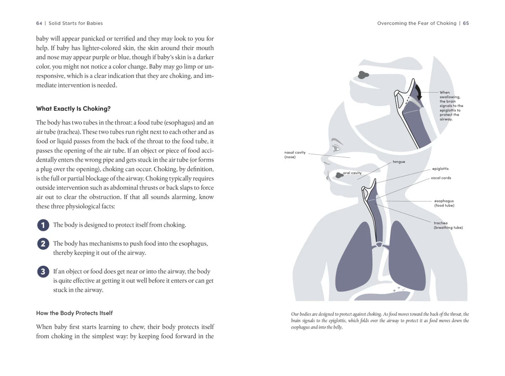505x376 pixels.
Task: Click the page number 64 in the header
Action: [39, 23]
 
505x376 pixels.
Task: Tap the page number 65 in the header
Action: [466, 23]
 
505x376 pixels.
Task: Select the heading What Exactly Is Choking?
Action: [73, 108]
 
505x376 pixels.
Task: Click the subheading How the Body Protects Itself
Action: [74, 313]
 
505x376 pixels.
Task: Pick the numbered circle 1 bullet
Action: [43, 225]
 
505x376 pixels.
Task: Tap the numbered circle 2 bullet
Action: [43, 244]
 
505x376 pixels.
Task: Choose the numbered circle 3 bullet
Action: [43, 272]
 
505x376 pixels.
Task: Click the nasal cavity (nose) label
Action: [295, 155]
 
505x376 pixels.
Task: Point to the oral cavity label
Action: [352, 173]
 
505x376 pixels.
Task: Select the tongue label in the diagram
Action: [398, 162]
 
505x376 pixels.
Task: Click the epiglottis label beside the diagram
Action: [440, 169]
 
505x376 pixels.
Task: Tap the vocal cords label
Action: [441, 178]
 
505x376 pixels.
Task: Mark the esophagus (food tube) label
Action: [444, 203]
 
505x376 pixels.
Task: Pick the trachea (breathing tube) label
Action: [448, 225]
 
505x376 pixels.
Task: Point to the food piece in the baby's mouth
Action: [339, 174]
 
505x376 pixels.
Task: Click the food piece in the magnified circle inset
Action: [363, 75]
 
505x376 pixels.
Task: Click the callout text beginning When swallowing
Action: [451, 105]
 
